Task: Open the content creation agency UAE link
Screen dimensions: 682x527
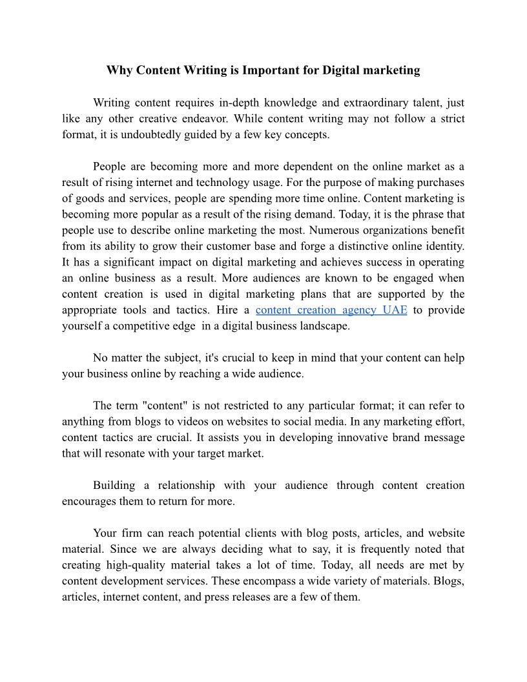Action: tap(331, 310)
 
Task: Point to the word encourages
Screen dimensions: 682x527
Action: tap(91, 501)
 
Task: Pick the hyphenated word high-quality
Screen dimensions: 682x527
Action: tap(139, 565)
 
